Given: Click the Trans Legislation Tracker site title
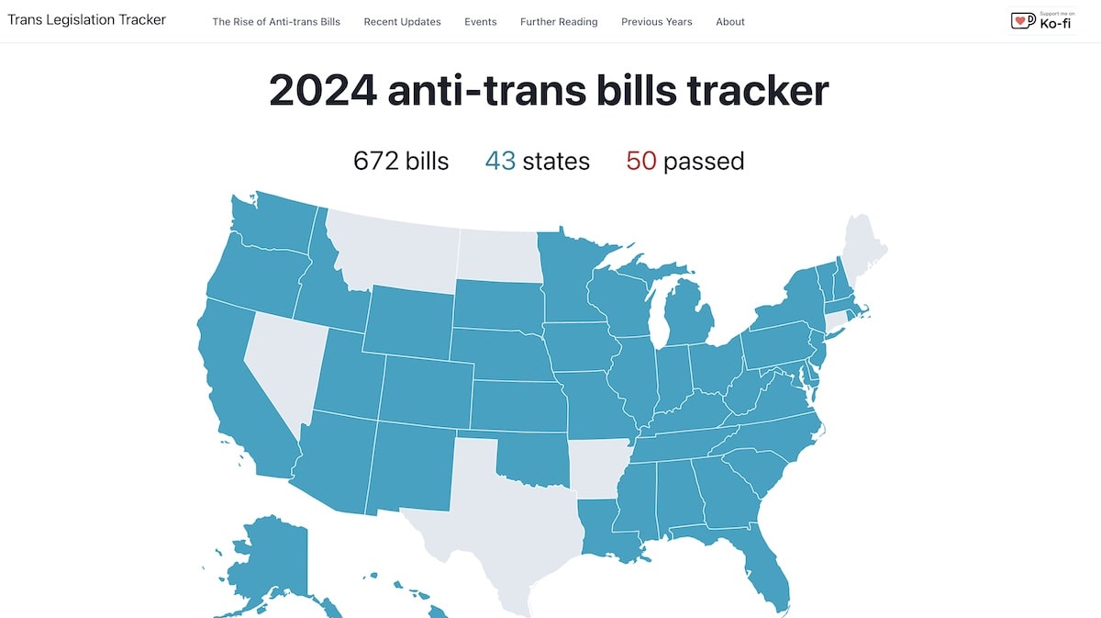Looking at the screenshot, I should pyautogui.click(x=87, y=19).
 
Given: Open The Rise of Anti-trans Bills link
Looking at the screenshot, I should pyautogui.click(x=276, y=22).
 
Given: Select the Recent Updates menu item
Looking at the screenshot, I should pyautogui.click(x=402, y=22).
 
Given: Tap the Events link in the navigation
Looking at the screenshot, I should pyautogui.click(x=481, y=22).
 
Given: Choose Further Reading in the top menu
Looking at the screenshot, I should pyautogui.click(x=559, y=22).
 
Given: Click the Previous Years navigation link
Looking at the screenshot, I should pyautogui.click(x=657, y=22).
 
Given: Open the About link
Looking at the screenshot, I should pyautogui.click(x=730, y=22).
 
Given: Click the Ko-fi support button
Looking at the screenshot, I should pyautogui.click(x=1041, y=20).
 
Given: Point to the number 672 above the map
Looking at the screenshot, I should pyautogui.click(x=376, y=162).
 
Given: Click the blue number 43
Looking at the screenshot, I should pyautogui.click(x=500, y=162).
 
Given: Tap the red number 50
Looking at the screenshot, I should pyautogui.click(x=641, y=162).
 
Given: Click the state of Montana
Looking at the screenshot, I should pyautogui.click(x=395, y=248).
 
